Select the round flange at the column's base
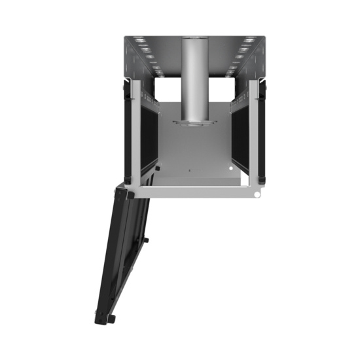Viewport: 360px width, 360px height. tap(194, 122)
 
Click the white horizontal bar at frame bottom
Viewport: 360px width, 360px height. tap(196, 193)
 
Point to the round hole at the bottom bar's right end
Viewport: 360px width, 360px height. tap(258, 194)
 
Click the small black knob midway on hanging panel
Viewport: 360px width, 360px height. tap(145, 240)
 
